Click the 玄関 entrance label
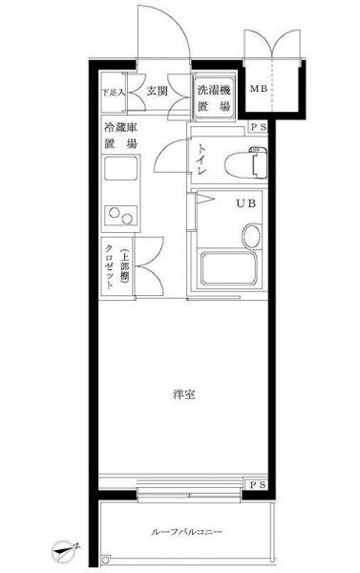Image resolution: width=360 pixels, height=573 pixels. pyautogui.click(x=157, y=91)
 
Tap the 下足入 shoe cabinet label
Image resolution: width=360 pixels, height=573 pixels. pyautogui.click(x=114, y=93)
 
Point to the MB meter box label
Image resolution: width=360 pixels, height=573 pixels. pyautogui.click(x=259, y=89)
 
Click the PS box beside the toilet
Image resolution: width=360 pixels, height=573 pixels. pyautogui.click(x=259, y=128)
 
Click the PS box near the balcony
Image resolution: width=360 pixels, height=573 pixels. pyautogui.click(x=258, y=485)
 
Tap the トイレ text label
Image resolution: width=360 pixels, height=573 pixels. pyautogui.click(x=201, y=159)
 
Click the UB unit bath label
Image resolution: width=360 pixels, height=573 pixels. pyautogui.click(x=245, y=204)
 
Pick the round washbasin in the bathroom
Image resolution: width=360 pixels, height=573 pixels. pyautogui.click(x=251, y=236)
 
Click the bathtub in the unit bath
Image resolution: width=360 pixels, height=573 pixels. pyautogui.click(x=229, y=268)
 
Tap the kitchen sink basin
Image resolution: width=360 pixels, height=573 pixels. pyautogui.click(x=120, y=168)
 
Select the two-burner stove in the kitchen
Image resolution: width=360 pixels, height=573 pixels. pyautogui.click(x=121, y=216)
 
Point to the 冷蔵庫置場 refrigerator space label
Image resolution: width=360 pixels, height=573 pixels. pyautogui.click(x=121, y=136)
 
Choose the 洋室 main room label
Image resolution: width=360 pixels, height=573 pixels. pyautogui.click(x=184, y=394)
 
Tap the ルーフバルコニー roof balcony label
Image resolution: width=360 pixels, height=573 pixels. pyautogui.click(x=186, y=531)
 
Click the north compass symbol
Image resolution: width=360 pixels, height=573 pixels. pyautogui.click(x=66, y=550)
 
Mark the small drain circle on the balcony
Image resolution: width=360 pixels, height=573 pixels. pyautogui.click(x=106, y=560)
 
